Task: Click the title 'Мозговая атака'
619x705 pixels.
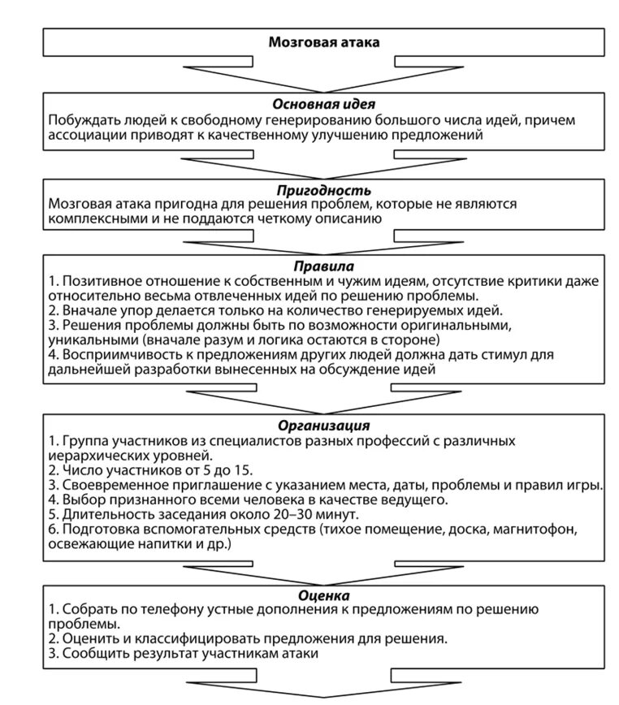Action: [x=323, y=41]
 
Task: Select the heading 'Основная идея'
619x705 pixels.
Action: [x=323, y=105]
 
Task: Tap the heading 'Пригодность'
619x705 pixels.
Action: [x=323, y=189]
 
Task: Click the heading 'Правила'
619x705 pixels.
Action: [x=323, y=266]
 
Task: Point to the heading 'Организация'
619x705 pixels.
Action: [x=323, y=425]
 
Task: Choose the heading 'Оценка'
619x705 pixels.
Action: [x=323, y=595]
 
